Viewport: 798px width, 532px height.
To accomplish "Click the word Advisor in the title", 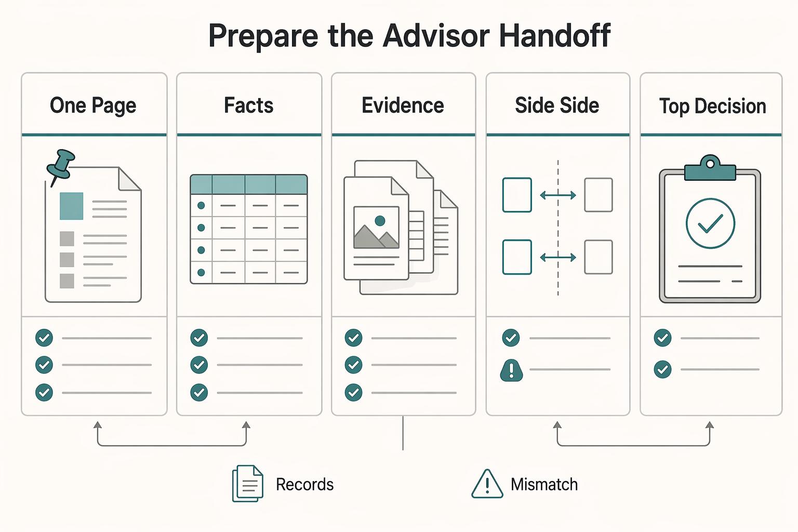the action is (x=436, y=35).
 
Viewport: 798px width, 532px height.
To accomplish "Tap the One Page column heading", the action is (x=93, y=106).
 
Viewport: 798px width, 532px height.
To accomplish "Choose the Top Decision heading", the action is (x=712, y=106).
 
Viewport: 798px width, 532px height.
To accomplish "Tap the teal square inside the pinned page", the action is (x=71, y=206).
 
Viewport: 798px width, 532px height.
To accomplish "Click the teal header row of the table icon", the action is (x=249, y=184).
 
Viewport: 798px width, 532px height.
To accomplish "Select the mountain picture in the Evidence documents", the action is (x=376, y=228).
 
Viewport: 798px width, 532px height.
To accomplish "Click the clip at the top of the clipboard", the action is (x=710, y=168).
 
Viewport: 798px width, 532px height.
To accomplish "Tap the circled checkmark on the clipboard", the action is (x=710, y=223).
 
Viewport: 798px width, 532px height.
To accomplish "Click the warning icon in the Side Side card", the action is (x=512, y=370).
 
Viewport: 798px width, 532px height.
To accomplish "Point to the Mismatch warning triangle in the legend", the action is (x=487, y=484).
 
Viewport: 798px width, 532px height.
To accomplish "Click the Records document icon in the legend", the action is (x=248, y=484).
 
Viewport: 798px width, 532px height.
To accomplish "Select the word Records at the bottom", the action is (x=304, y=485).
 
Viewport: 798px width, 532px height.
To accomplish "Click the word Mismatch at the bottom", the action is (x=544, y=485).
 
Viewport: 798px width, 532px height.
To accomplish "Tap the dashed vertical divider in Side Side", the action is (x=558, y=228).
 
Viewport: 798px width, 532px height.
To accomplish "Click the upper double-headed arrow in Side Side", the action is (x=558, y=195).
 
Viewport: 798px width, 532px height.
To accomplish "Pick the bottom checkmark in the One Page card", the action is (x=44, y=393).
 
